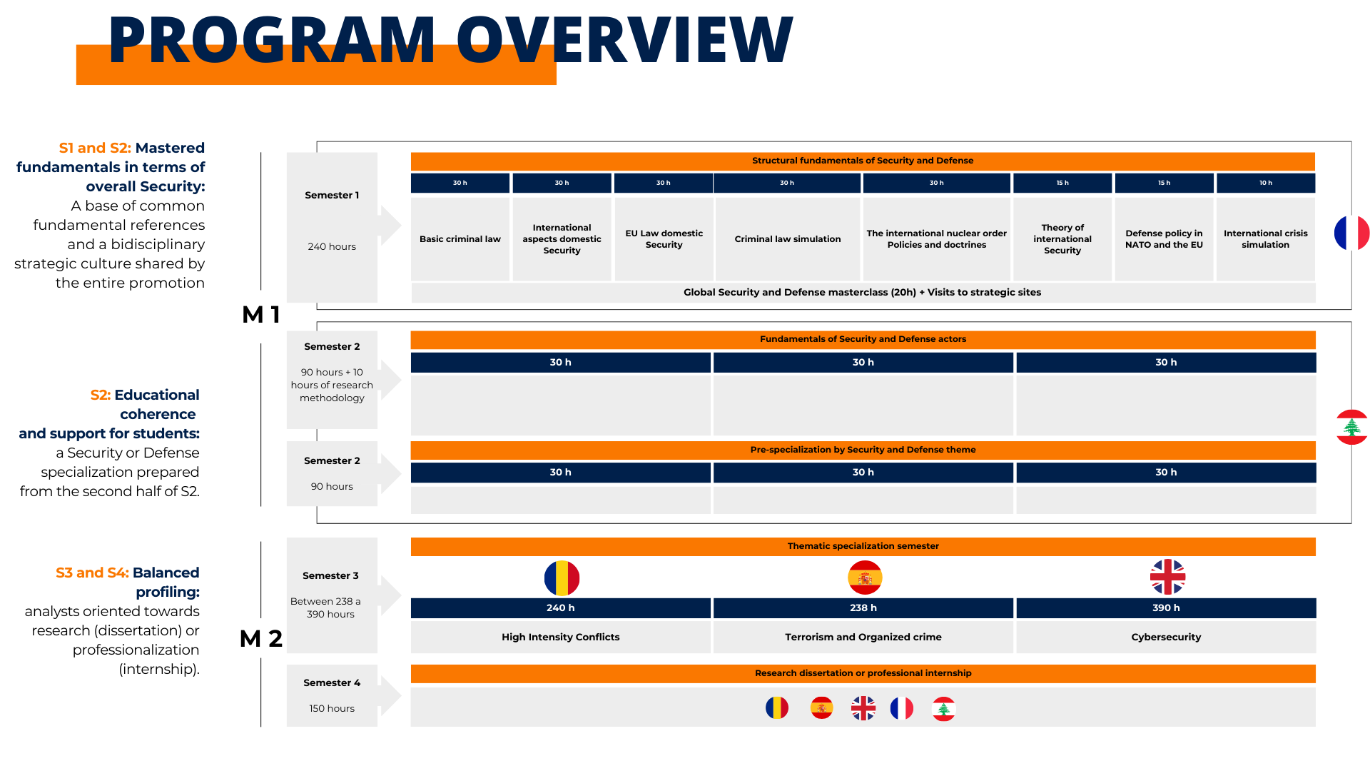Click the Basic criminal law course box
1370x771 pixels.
pyautogui.click(x=460, y=239)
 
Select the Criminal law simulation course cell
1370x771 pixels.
pyautogui.click(x=787, y=239)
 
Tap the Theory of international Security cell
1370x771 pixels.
pyautogui.click(x=1062, y=239)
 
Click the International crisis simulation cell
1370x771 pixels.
pyautogui.click(x=1265, y=239)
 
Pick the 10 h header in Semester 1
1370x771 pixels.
pyautogui.click(x=1265, y=183)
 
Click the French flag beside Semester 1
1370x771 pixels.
pyautogui.click(x=1351, y=233)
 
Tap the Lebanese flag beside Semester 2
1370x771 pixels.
pyautogui.click(x=1351, y=427)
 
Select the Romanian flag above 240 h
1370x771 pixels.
pyautogui.click(x=562, y=578)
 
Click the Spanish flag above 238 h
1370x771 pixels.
pyautogui.click(x=865, y=578)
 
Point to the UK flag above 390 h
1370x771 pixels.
pyautogui.click(x=1167, y=577)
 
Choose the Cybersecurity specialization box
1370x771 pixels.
pyautogui.click(x=1166, y=637)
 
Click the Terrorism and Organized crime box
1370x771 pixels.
pyautogui.click(x=863, y=637)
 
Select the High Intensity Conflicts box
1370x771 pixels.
pyautogui.click(x=560, y=637)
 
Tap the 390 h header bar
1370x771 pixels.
pyautogui.click(x=1166, y=608)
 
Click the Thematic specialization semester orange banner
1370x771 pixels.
pyautogui.click(x=863, y=546)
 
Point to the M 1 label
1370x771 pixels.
pyautogui.click(x=261, y=314)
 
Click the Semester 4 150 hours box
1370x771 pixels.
pyautogui.click(x=332, y=695)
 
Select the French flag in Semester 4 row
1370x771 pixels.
pyautogui.click(x=902, y=708)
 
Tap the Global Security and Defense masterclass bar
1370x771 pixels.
pyautogui.click(x=863, y=292)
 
